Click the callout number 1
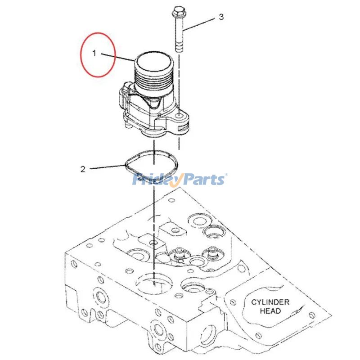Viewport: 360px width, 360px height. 94,53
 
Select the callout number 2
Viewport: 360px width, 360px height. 83,170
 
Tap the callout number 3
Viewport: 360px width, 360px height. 221,17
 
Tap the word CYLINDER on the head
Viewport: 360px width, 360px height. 270,302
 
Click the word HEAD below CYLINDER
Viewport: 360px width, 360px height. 270,311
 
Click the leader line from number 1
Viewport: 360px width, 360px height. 118,57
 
